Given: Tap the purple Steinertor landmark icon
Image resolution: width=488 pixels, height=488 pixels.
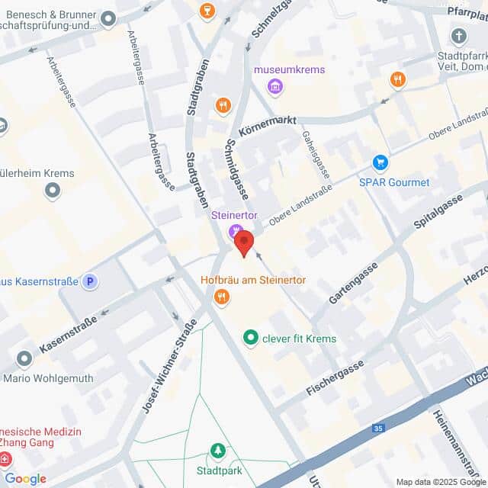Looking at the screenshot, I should [x=236, y=230].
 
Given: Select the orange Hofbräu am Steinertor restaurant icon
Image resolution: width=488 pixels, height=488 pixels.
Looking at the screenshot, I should [x=222, y=297].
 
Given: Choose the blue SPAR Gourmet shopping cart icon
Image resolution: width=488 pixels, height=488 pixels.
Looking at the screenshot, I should [x=380, y=162].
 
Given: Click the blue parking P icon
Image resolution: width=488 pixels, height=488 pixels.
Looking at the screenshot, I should [x=91, y=281].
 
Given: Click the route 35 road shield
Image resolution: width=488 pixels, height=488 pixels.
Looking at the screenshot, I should [x=378, y=429].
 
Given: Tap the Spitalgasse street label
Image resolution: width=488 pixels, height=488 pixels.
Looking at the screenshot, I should [x=438, y=212].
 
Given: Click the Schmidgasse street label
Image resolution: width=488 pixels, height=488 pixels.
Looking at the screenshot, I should [x=238, y=172].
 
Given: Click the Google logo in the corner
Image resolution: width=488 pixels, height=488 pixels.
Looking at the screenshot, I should [x=25, y=479].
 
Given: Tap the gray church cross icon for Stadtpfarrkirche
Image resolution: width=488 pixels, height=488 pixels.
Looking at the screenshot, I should [x=458, y=36].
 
